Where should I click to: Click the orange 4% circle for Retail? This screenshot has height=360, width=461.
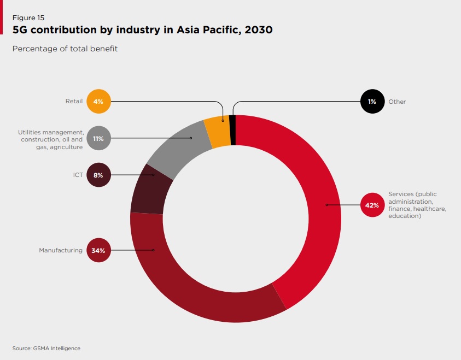(99, 101)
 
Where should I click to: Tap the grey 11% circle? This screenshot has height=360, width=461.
(99, 138)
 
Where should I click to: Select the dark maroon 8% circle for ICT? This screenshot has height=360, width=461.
(99, 175)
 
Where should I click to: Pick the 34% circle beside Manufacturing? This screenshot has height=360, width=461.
(99, 250)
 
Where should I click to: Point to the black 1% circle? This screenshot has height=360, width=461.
(372, 101)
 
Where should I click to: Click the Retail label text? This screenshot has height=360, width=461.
(74, 101)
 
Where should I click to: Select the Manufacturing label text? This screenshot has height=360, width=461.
(61, 250)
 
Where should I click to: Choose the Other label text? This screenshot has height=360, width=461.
(397, 102)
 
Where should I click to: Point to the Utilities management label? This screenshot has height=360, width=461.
(51, 139)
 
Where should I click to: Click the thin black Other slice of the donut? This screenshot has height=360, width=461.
(233, 130)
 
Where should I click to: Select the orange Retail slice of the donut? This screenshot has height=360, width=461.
(218, 132)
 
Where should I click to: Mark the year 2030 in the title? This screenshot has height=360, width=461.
(259, 30)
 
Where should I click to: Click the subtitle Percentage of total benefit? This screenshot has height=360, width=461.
(65, 49)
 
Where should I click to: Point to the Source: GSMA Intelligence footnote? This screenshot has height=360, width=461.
(46, 348)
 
